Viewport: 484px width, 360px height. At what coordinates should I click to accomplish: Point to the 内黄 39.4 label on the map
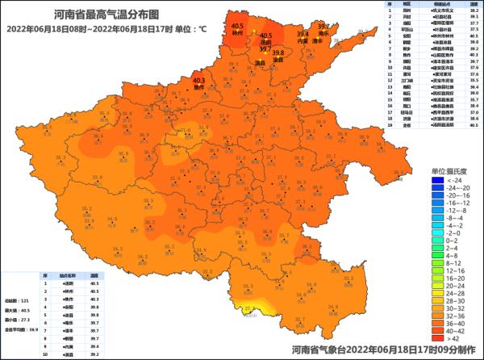coord(302,38)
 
